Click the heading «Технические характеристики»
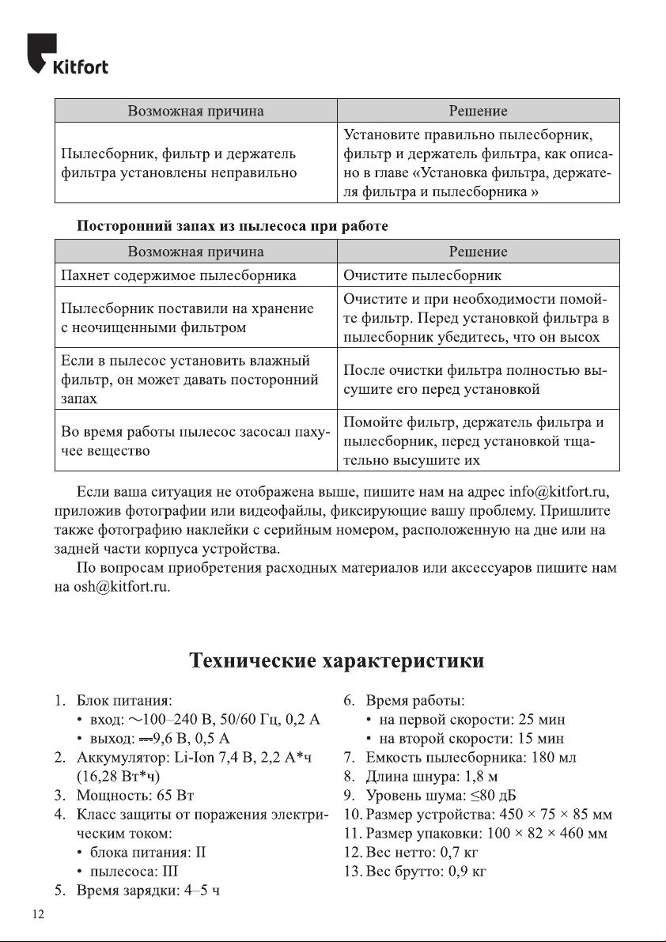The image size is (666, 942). [x=336, y=660]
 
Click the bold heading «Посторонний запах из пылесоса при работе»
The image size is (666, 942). [x=232, y=226]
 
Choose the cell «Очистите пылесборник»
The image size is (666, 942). [x=422, y=275]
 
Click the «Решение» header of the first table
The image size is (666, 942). [x=478, y=110]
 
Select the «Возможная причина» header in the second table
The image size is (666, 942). [x=195, y=252]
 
